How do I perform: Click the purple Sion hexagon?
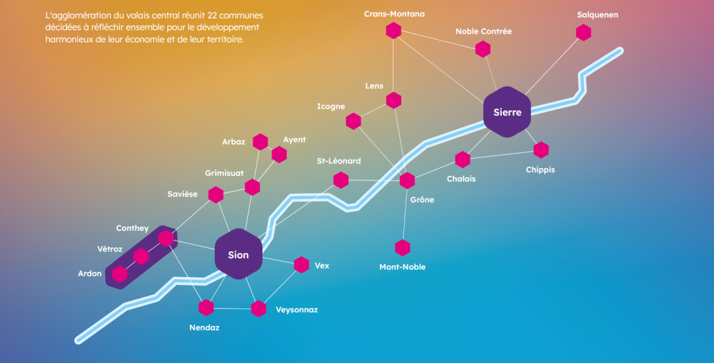239,255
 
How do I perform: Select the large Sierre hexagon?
507,112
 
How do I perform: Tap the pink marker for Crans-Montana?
393,30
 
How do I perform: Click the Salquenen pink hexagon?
583,32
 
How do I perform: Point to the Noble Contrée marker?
483,48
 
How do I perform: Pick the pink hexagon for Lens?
393,100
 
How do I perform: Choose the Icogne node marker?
354,121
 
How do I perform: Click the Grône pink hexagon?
407,181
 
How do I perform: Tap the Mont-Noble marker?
403,248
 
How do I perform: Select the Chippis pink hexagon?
541,150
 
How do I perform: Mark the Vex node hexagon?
301,264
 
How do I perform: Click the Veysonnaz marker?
258,308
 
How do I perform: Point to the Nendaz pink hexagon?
206,307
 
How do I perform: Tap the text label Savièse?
182,194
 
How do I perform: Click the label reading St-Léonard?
338,161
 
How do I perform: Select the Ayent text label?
294,140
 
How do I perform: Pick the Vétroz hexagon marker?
141,256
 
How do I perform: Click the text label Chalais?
461,179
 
